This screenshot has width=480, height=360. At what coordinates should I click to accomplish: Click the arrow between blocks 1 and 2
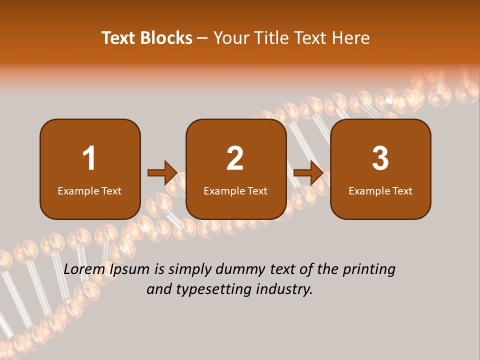tap(162, 173)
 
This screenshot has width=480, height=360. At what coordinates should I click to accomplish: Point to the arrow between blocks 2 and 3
tap(308, 173)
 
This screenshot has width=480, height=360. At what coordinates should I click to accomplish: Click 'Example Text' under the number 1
tap(89, 190)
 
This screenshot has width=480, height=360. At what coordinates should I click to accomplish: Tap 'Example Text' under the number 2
tap(235, 190)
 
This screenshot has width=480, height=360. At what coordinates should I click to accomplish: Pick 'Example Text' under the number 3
tap(380, 190)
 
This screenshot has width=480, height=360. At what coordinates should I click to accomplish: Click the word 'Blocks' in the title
tap(166, 38)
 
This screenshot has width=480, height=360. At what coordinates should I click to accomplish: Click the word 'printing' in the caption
tap(369, 270)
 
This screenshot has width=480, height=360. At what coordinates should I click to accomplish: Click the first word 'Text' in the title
tap(118, 38)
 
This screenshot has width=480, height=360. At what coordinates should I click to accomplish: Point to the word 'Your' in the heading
tap(230, 38)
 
